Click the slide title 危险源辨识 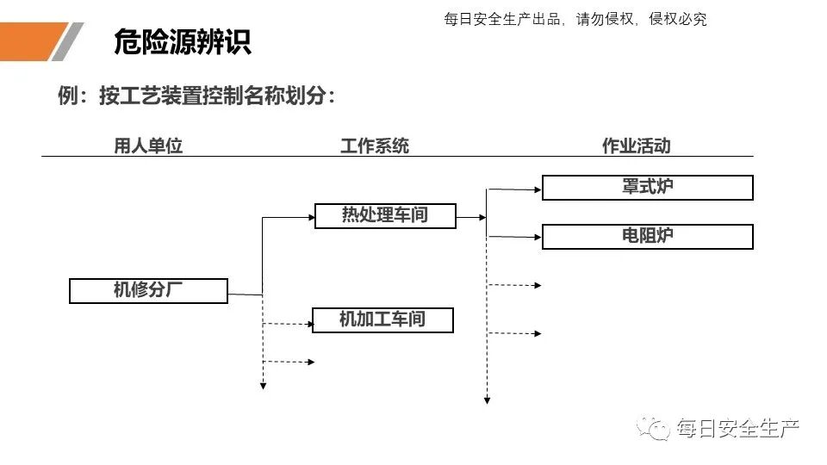[x=182, y=42]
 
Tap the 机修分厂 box [x=148, y=291]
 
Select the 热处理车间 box [x=384, y=215]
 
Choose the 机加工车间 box [x=382, y=320]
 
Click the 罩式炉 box [x=647, y=188]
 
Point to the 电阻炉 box [x=647, y=237]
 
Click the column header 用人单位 [x=148, y=146]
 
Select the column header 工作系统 [x=374, y=146]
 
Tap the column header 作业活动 [x=636, y=146]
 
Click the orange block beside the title [x=30, y=42]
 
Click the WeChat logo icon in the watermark [x=655, y=428]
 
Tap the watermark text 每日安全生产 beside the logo [x=738, y=428]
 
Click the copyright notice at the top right [x=575, y=19]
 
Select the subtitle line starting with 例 [x=196, y=96]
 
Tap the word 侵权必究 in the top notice [x=677, y=19]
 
